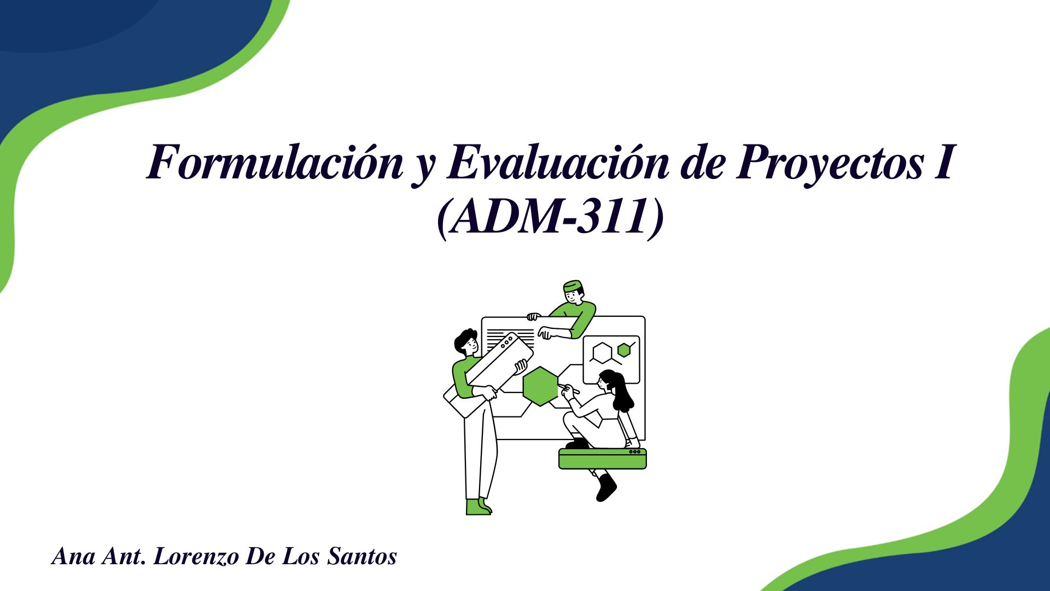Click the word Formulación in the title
(x=275, y=163)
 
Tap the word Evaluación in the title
(x=558, y=163)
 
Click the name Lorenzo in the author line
(x=196, y=557)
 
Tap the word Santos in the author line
(x=362, y=557)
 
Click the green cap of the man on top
(x=572, y=286)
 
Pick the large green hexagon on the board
(x=540, y=386)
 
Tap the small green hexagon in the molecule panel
(x=623, y=350)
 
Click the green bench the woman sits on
(x=603, y=459)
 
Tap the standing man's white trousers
(x=480, y=449)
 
